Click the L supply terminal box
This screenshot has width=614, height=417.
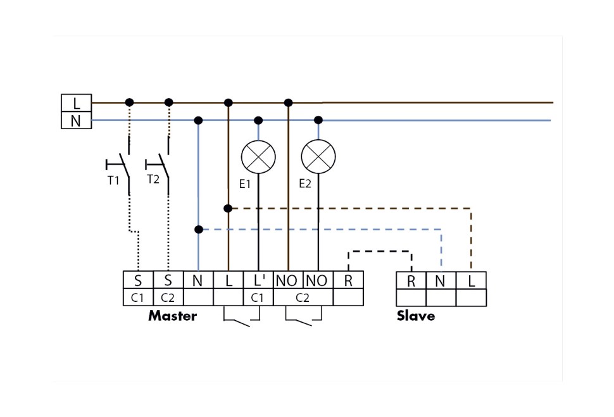(x=76, y=103)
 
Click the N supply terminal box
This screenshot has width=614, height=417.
(x=76, y=120)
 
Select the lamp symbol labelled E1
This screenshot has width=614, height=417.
(x=258, y=156)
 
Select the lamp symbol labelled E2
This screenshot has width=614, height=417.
(x=318, y=156)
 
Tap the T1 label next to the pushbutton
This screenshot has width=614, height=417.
(x=113, y=180)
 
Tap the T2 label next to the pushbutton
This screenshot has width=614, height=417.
(x=153, y=179)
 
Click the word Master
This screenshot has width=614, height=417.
(x=172, y=316)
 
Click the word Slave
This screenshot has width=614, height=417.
(x=416, y=316)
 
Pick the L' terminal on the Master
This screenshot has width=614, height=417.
(x=258, y=280)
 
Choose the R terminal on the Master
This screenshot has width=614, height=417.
(x=348, y=280)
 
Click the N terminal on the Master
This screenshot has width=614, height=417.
(x=198, y=280)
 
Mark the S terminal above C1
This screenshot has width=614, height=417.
(x=138, y=280)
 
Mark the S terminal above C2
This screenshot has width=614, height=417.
(x=168, y=280)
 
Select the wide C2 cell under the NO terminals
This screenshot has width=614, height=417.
(x=303, y=297)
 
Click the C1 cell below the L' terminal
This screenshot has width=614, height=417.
(x=258, y=297)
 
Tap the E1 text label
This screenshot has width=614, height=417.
(x=244, y=185)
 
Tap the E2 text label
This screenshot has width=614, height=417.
(x=305, y=185)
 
